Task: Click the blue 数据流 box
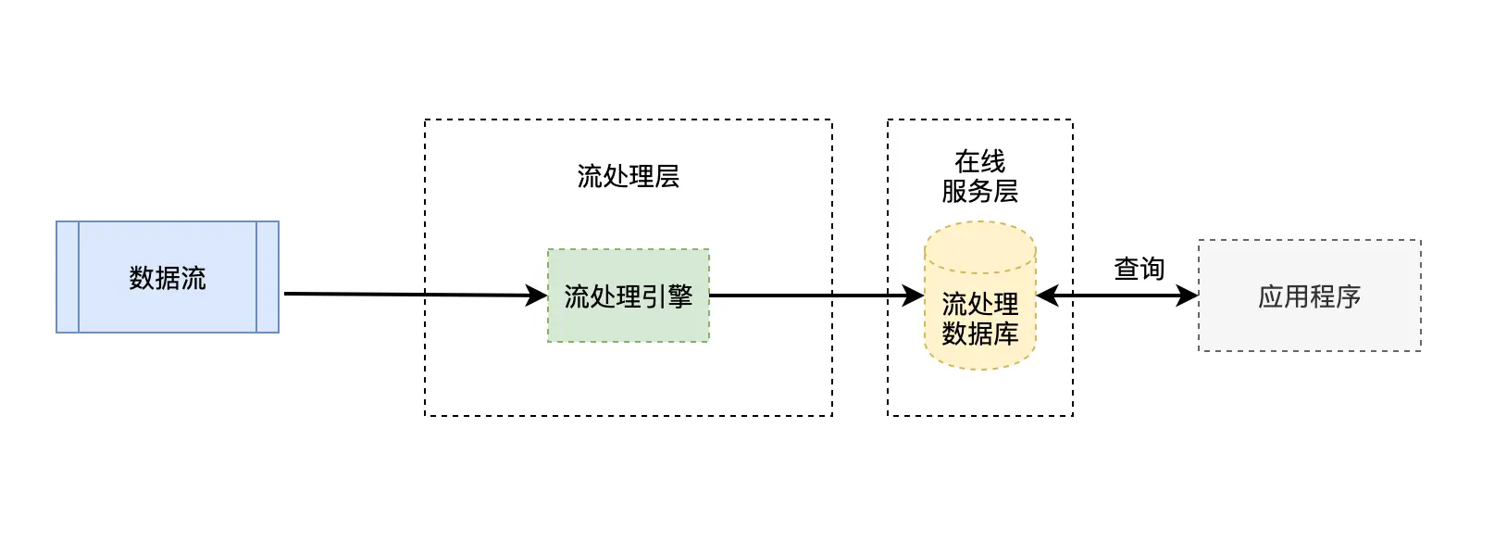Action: [x=168, y=277]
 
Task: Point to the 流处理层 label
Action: [x=629, y=176]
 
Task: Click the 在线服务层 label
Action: [x=979, y=176]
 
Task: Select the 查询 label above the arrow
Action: [x=1139, y=269]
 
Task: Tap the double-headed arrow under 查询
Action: [x=1118, y=296]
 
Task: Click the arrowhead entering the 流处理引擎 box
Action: [x=537, y=296]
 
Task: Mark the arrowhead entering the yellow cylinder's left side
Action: [x=914, y=296]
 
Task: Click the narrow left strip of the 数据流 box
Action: [x=68, y=277]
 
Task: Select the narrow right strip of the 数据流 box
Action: [x=268, y=277]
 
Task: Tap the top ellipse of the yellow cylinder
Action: [x=979, y=246]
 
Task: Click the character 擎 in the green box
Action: [x=680, y=296]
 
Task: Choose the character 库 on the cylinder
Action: [x=1005, y=334]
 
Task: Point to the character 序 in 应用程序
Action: [x=1348, y=296]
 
